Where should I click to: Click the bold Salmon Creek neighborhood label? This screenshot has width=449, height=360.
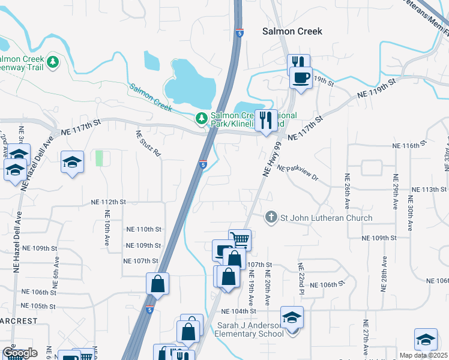click(292, 31)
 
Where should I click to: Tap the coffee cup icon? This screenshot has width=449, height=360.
click(301, 77)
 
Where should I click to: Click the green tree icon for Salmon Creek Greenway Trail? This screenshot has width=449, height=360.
click(53, 61)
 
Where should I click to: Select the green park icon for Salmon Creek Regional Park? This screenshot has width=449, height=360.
click(202, 118)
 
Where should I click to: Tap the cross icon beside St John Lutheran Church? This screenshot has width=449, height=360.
click(271, 217)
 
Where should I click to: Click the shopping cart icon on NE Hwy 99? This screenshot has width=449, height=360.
click(240, 239)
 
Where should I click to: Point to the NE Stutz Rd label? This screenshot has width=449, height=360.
click(148, 144)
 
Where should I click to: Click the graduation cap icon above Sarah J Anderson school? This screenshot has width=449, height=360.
click(292, 317)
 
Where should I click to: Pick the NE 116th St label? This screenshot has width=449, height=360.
click(409, 146)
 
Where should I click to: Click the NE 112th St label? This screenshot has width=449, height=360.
click(109, 202)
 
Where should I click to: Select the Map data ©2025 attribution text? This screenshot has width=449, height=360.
click(423, 355)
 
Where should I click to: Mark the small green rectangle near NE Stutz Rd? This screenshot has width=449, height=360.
click(99, 158)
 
